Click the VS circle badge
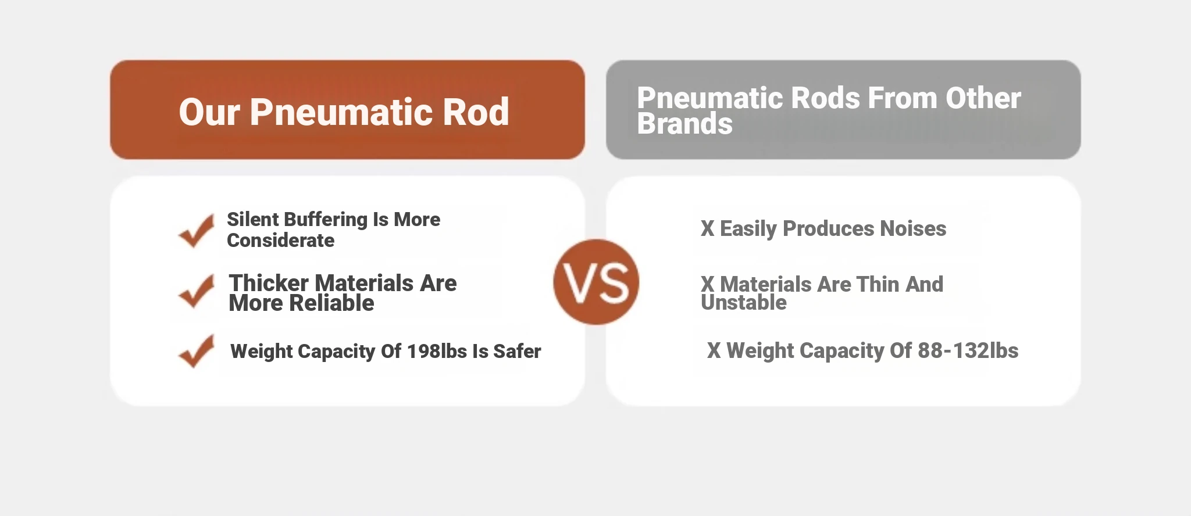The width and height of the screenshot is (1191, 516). click(596, 282)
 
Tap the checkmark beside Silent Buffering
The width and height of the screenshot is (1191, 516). click(197, 231)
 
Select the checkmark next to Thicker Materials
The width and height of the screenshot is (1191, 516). click(197, 291)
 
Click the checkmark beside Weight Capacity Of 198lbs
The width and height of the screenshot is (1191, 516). click(197, 351)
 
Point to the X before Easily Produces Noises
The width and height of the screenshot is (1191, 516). click(707, 228)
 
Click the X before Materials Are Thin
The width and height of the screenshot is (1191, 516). click(707, 284)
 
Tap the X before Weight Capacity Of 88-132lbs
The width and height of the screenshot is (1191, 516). click(714, 350)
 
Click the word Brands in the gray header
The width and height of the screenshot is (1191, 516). click(685, 124)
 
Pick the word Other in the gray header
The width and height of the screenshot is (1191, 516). click(983, 98)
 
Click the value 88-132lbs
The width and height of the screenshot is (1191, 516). click(968, 350)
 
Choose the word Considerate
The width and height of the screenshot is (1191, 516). click(281, 240)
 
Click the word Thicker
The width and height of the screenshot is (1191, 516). click(269, 283)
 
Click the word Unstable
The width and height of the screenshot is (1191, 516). click(744, 302)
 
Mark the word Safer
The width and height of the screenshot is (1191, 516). click(517, 351)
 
